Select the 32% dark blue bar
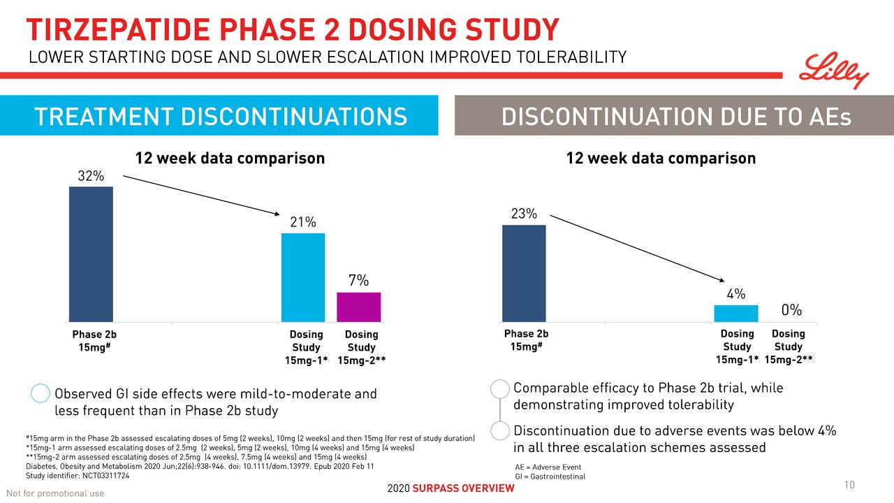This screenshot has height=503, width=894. (x=91, y=254)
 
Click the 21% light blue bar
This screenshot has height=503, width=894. (x=303, y=277)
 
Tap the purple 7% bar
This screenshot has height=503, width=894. (x=358, y=307)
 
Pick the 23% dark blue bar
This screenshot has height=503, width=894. (x=524, y=273)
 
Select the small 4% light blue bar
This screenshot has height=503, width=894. (x=735, y=313)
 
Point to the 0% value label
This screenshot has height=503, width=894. (x=791, y=310)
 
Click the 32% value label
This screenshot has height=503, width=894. (x=91, y=176)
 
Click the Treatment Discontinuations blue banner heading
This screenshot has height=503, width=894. (x=219, y=116)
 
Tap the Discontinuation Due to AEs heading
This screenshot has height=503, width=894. (x=676, y=116)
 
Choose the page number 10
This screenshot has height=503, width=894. (x=849, y=486)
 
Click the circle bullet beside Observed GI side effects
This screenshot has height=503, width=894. (x=41, y=394)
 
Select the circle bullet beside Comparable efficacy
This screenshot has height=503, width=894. (x=500, y=388)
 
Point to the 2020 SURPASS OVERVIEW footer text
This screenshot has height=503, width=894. (x=450, y=488)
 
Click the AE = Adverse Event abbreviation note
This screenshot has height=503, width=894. (x=548, y=467)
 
